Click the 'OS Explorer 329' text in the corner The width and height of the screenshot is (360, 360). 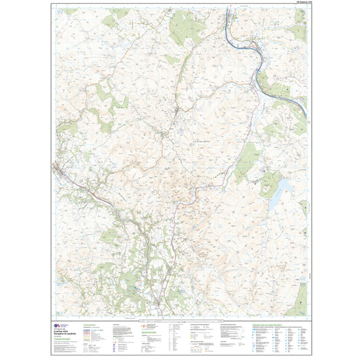(x=297, y=5)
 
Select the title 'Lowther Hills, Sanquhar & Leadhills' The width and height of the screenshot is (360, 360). (x=65, y=333)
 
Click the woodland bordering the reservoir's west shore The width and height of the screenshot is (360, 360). (x=270, y=185)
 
